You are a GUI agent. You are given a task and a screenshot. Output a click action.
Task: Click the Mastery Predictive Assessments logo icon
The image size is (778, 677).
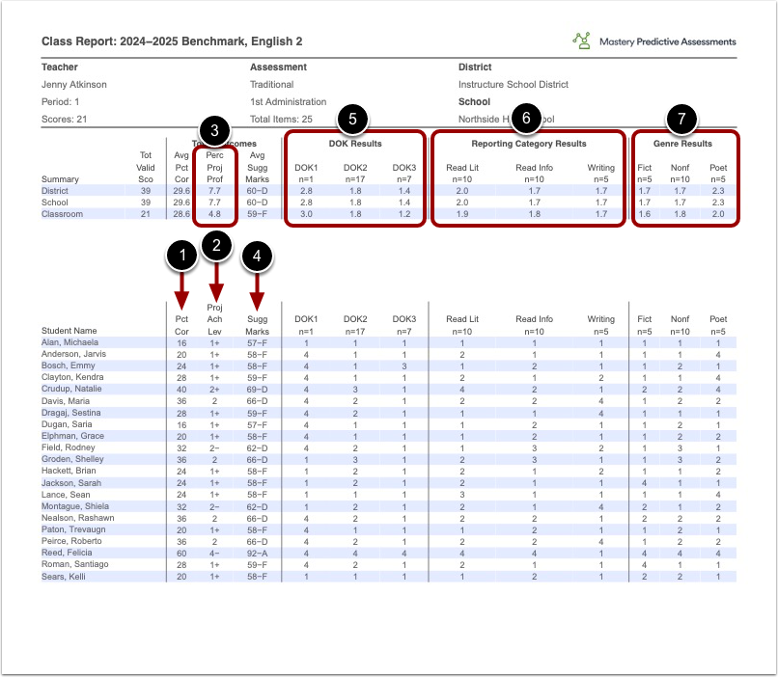point(581,41)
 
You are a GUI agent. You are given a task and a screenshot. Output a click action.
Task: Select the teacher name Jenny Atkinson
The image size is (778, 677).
point(74,85)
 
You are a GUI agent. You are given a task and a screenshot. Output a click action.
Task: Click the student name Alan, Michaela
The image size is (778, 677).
point(69,343)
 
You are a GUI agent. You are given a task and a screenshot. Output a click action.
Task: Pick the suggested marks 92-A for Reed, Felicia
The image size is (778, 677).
point(257,552)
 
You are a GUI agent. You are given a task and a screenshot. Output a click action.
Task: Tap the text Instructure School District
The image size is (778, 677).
point(514,85)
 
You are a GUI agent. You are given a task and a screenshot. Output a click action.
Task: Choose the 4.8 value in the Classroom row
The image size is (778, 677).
point(215,214)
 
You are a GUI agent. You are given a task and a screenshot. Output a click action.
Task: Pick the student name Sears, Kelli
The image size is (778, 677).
point(63,576)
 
